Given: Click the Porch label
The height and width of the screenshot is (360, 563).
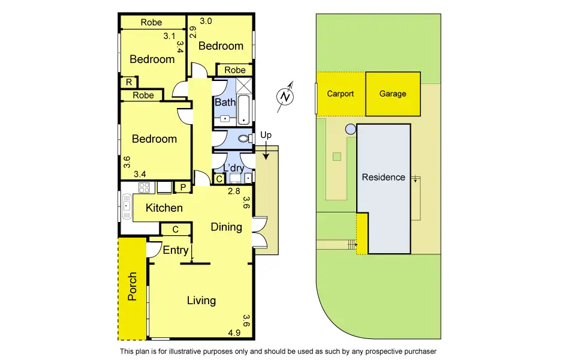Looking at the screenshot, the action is coord(133,287).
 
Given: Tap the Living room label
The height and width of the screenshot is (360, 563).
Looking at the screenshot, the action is coord(201,301).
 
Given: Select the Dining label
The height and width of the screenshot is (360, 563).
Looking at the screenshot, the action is coord(226,227).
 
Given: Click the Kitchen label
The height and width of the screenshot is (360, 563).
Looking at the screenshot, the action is coord(164,208).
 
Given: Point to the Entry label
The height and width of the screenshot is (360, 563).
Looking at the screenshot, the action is coord(176,250).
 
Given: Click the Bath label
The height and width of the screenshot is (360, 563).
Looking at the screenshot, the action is coord(225,102).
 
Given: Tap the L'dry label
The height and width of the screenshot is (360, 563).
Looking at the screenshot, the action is coord(233,169).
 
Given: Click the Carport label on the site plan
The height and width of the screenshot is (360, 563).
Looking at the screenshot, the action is coord(340,94).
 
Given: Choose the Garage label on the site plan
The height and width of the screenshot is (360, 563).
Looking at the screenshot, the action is coord(393,94).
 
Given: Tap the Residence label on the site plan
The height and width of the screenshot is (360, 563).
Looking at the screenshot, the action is coord(383,177).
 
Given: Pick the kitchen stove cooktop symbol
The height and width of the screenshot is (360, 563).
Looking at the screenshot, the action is coord(144,187).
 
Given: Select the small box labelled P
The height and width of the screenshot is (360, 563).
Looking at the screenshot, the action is coord(182,188).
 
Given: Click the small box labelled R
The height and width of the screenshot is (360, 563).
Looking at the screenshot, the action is coord(129,83).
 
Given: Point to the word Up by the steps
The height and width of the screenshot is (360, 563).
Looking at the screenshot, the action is coord(266,136).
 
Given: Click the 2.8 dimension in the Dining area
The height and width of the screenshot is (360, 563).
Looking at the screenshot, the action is coord(234,191).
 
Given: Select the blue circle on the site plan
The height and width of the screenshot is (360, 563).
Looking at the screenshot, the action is coord(350,128).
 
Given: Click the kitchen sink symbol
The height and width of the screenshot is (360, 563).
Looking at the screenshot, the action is coord(127,208).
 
